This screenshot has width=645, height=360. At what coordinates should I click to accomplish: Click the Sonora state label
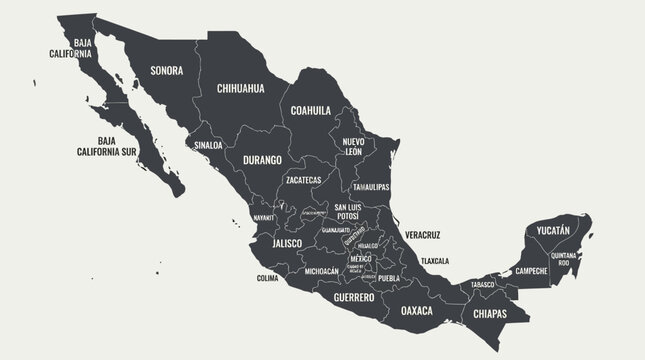coord(166,70)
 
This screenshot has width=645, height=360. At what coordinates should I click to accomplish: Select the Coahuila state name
coord(312,110)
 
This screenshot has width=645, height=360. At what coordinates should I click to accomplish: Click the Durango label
coord(263,159)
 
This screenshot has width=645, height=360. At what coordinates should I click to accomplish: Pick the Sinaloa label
coord(208,144)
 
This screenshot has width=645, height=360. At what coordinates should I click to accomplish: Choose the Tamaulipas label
coord(371,187)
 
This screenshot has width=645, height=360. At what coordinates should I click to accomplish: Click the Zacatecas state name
coord(303,180)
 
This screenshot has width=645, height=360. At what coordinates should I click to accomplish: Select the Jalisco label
coord(274,243)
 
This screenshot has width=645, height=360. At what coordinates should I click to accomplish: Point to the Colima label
coord(267,278)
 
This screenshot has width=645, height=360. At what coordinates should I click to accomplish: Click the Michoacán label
coord(321,271)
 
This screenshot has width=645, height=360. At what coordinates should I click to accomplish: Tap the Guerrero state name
coord(353,297)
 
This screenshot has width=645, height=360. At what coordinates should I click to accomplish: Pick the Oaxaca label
coord(417,310)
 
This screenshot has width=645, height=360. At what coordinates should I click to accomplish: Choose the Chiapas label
coord(485,313)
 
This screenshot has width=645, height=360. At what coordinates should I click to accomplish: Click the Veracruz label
coord(423,235)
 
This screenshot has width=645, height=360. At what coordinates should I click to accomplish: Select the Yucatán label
coord(552,230)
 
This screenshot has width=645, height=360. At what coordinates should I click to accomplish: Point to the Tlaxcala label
coord(435,261)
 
